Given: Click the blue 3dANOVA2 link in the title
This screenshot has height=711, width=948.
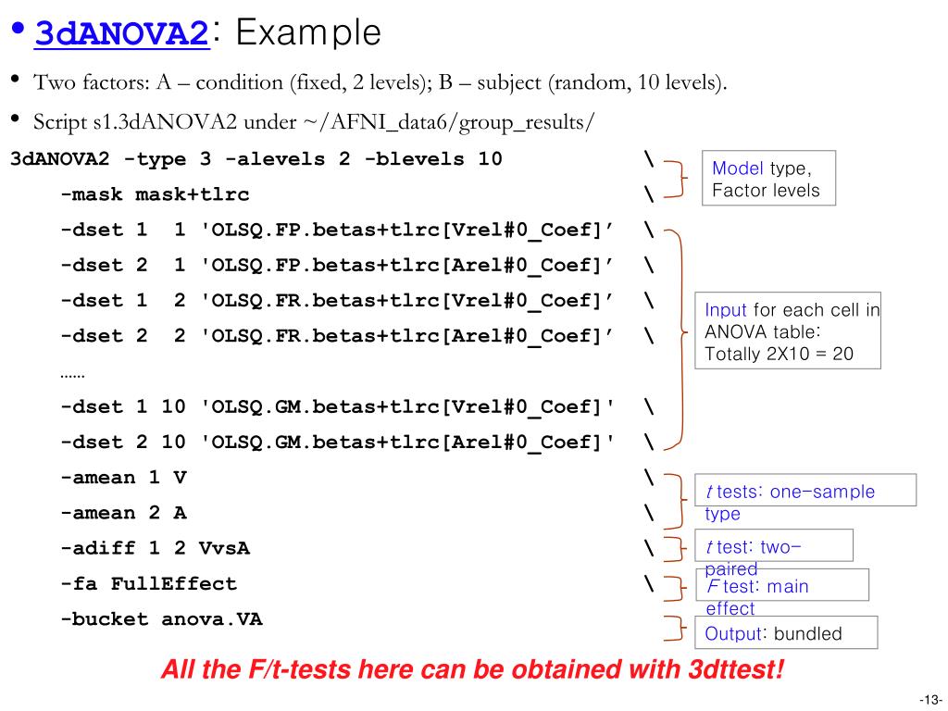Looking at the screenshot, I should pyautogui.click(x=120, y=34).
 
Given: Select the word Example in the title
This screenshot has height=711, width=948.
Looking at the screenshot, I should pyautogui.click(x=308, y=33).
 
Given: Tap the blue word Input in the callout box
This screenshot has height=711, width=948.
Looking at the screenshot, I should pyautogui.click(x=726, y=310).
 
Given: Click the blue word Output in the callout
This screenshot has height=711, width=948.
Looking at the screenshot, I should pyautogui.click(x=732, y=634).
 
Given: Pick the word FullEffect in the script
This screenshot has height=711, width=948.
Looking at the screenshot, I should pyautogui.click(x=173, y=584).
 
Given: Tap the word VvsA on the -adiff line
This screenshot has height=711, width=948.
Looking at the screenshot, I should pyautogui.click(x=224, y=548).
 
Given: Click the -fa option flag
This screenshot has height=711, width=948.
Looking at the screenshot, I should pyautogui.click(x=78, y=584).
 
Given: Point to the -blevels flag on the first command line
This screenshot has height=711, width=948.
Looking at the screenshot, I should pyautogui.click(x=414, y=159).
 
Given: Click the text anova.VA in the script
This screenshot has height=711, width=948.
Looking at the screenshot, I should pyautogui.click(x=212, y=619).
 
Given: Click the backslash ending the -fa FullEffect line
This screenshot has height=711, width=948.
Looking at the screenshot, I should pyautogui.click(x=649, y=584).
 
